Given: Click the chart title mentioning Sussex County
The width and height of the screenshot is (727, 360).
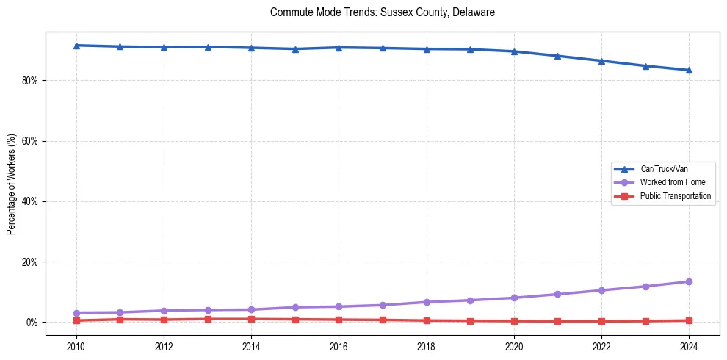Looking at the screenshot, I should click(383, 12).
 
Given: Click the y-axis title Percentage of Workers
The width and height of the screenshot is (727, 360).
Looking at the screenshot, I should click(11, 184).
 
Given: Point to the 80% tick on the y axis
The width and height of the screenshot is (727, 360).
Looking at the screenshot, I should click(29, 80).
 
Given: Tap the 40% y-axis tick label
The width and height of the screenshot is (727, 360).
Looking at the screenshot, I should click(29, 201).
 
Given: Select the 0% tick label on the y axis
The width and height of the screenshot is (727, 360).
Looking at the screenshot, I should click(32, 323).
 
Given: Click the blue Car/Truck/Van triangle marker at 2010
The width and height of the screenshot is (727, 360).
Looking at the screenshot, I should click(76, 46).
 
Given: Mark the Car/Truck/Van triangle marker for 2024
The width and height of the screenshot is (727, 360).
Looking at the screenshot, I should click(689, 70).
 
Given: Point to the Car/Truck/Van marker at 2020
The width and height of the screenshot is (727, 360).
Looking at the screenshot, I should click(514, 51).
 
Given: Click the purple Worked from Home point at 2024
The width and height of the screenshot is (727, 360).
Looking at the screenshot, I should click(689, 281).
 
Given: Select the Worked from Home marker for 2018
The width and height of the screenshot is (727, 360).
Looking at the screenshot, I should click(427, 302).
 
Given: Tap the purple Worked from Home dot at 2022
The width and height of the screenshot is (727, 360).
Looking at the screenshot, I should click(601, 290).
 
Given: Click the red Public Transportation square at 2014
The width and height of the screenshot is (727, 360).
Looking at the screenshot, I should click(251, 319).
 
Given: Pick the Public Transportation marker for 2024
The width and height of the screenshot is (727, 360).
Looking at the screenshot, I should click(689, 320).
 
